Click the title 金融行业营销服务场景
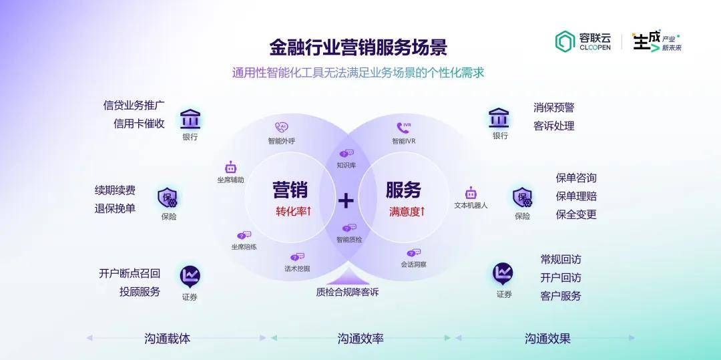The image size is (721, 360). coord(358,47)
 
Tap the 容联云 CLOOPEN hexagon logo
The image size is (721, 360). coord(565,41)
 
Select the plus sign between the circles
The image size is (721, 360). coord(346,200)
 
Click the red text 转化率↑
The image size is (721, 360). coord(293,212)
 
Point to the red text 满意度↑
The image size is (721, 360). coord(407,212)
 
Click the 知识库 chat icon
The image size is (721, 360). coord(346,154)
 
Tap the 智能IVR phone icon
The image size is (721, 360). coord(403,128)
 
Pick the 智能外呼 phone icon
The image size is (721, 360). coord(282,128)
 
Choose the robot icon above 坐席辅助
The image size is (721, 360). coord(230,168)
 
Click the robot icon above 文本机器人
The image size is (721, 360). coord(471,192)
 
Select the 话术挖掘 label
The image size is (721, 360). coord(297,268)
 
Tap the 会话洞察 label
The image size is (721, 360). coord(413,264)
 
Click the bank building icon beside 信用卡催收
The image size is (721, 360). coord(190,119)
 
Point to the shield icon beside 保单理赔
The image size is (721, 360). coord(522,198)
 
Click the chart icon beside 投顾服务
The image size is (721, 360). coord(190,277)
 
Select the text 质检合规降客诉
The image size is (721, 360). coord(347,292)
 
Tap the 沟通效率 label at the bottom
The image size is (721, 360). coord(360,339)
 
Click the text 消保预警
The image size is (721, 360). coord(553,108)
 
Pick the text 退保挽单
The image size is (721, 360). coord(115,208)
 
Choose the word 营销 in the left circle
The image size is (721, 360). coord(290,190)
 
